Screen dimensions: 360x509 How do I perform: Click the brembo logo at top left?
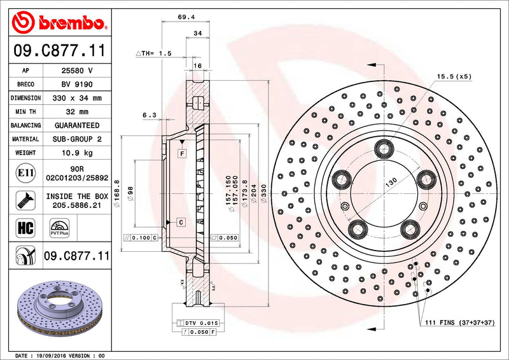58,24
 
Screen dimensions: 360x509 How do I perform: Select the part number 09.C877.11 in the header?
58,50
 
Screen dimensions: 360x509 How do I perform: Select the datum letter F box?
181,153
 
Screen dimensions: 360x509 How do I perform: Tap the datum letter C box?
181,222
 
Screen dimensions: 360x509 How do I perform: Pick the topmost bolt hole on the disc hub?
384,149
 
